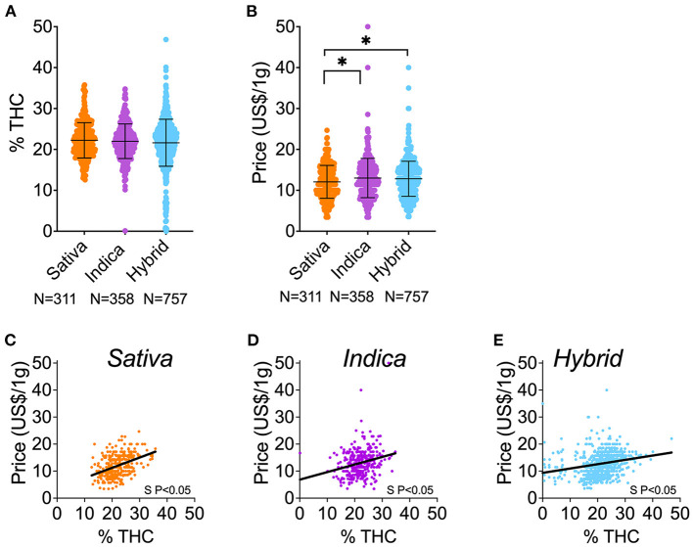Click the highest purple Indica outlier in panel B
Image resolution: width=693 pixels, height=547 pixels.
[x=368, y=26]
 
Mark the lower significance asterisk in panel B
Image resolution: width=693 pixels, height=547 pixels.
[x=342, y=63]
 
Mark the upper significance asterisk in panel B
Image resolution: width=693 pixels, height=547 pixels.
[x=365, y=40]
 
